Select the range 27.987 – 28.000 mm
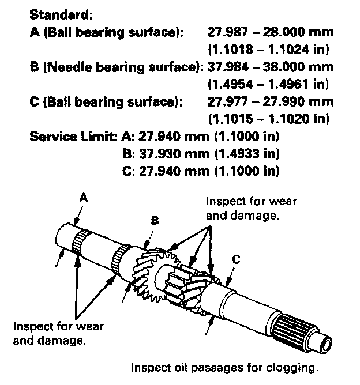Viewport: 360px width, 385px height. (270, 33)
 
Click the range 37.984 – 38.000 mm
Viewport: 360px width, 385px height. (270, 67)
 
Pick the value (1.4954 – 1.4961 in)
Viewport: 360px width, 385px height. (268, 85)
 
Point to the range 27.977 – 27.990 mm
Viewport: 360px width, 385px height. (270, 102)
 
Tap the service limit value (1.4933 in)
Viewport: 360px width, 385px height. (246, 154)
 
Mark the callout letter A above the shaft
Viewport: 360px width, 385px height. (83, 197)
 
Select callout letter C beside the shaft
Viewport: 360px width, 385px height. (235, 259)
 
